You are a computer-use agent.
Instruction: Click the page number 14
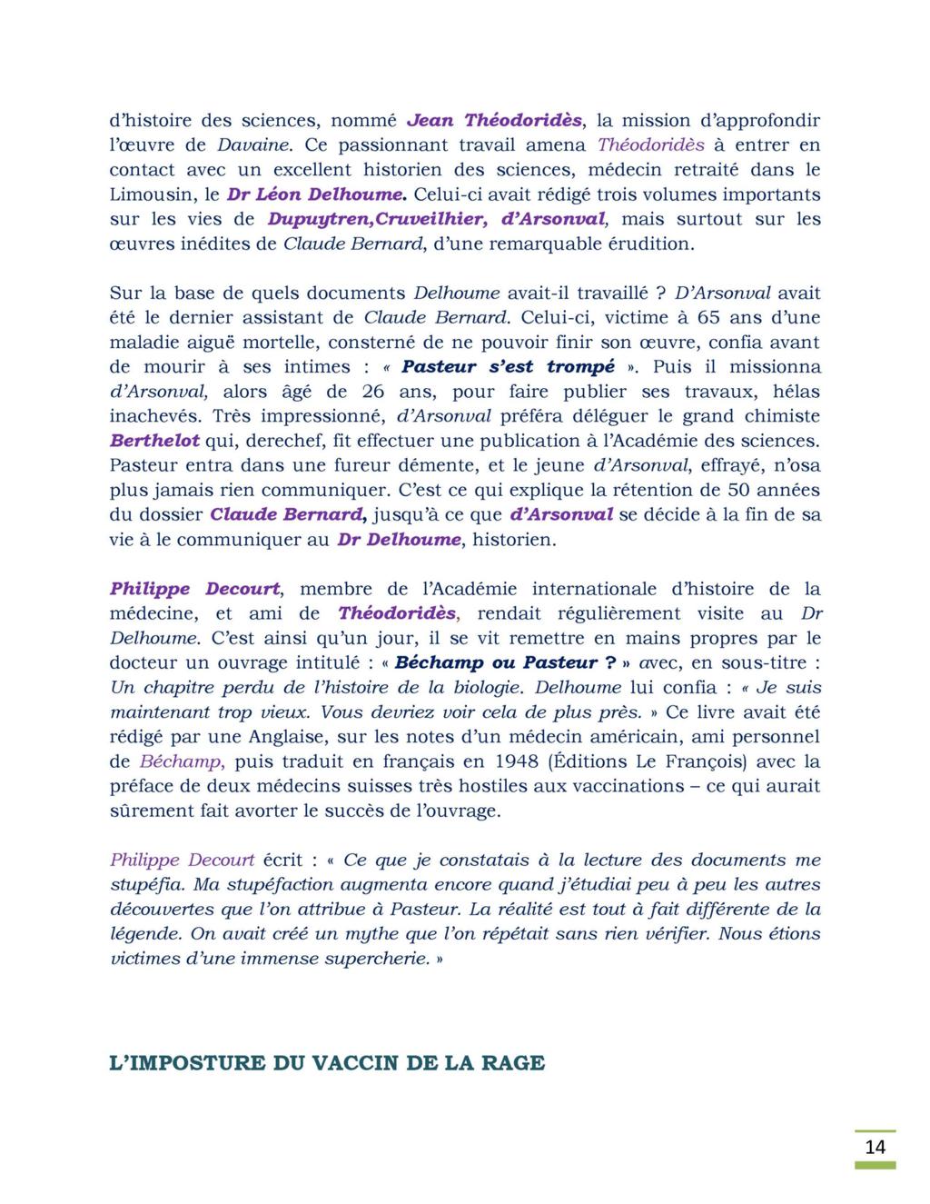pos(875,1147)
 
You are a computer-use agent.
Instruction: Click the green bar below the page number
pos(875,1165)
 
